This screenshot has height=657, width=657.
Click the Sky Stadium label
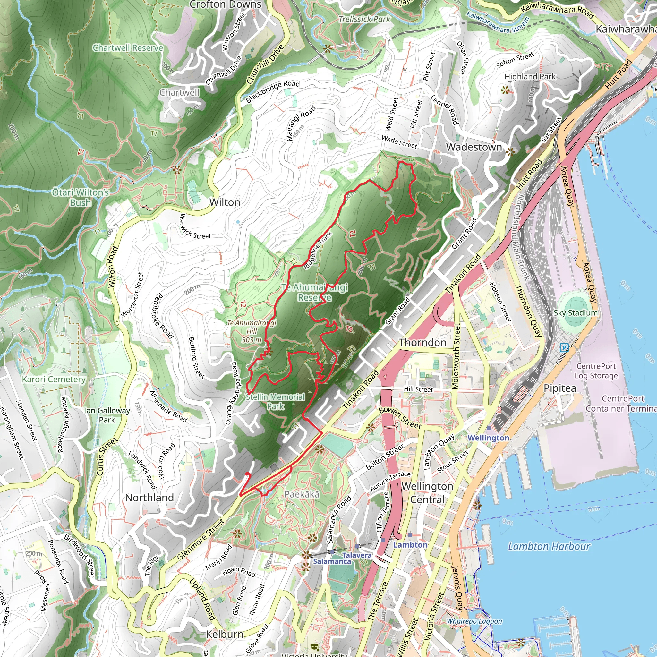[576, 312]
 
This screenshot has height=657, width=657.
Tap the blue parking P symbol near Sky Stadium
[564, 347]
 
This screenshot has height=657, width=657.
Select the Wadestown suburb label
[474, 147]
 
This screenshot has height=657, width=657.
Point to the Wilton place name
[225, 202]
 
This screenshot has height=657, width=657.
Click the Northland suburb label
[149, 498]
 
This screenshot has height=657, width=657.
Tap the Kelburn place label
[225, 634]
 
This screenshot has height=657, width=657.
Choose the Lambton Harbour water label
[549, 546]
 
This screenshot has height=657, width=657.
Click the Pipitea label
[560, 388]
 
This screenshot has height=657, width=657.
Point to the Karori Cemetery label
[54, 379]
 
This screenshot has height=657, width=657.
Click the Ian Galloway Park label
[107, 415]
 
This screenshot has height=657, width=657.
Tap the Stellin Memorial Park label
[276, 401]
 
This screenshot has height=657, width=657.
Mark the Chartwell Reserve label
[128, 47]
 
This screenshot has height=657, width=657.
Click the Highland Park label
[530, 77]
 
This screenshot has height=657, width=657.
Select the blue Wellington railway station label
[488, 438]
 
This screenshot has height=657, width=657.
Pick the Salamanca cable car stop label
[332, 561]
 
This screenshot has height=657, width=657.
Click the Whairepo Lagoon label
[474, 621]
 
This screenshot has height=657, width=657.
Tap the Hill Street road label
[418, 389]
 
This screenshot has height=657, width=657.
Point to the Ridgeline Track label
[317, 250]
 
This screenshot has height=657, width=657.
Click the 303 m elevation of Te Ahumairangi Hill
[251, 339]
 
